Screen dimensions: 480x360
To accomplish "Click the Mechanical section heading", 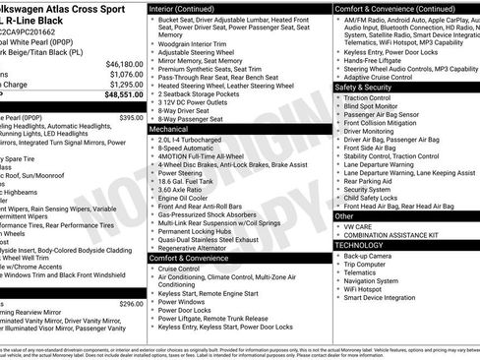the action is click(168, 128).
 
